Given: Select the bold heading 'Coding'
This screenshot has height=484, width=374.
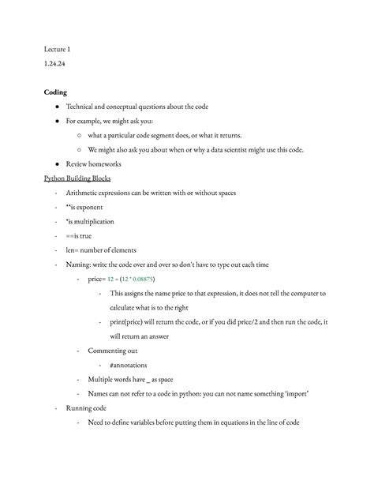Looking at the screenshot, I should click(56, 92).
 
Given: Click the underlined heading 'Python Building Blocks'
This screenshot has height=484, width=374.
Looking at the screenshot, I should click(77, 178).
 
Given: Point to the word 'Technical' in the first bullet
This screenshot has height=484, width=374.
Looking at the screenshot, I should click(83, 107).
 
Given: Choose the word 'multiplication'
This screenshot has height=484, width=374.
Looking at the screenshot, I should click(91, 222).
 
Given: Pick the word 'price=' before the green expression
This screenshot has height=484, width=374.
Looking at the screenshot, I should click(97, 279).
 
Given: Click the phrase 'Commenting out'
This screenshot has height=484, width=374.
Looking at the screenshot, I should click(113, 351).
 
